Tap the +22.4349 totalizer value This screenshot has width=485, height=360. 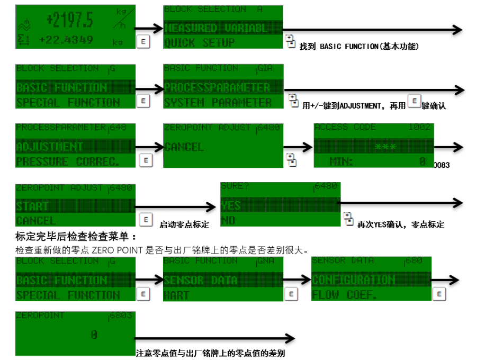tap(66, 40)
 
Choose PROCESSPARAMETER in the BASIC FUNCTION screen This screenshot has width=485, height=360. tap(217, 87)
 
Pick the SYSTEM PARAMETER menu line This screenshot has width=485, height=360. tap(218, 102)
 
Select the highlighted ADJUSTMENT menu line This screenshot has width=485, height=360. tap(50, 147)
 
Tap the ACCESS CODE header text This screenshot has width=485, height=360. tap(345, 128)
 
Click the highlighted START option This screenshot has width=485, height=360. tap(32, 206)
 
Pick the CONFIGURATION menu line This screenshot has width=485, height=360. tap(353, 280)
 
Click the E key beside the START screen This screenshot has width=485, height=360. tap(144, 219)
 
